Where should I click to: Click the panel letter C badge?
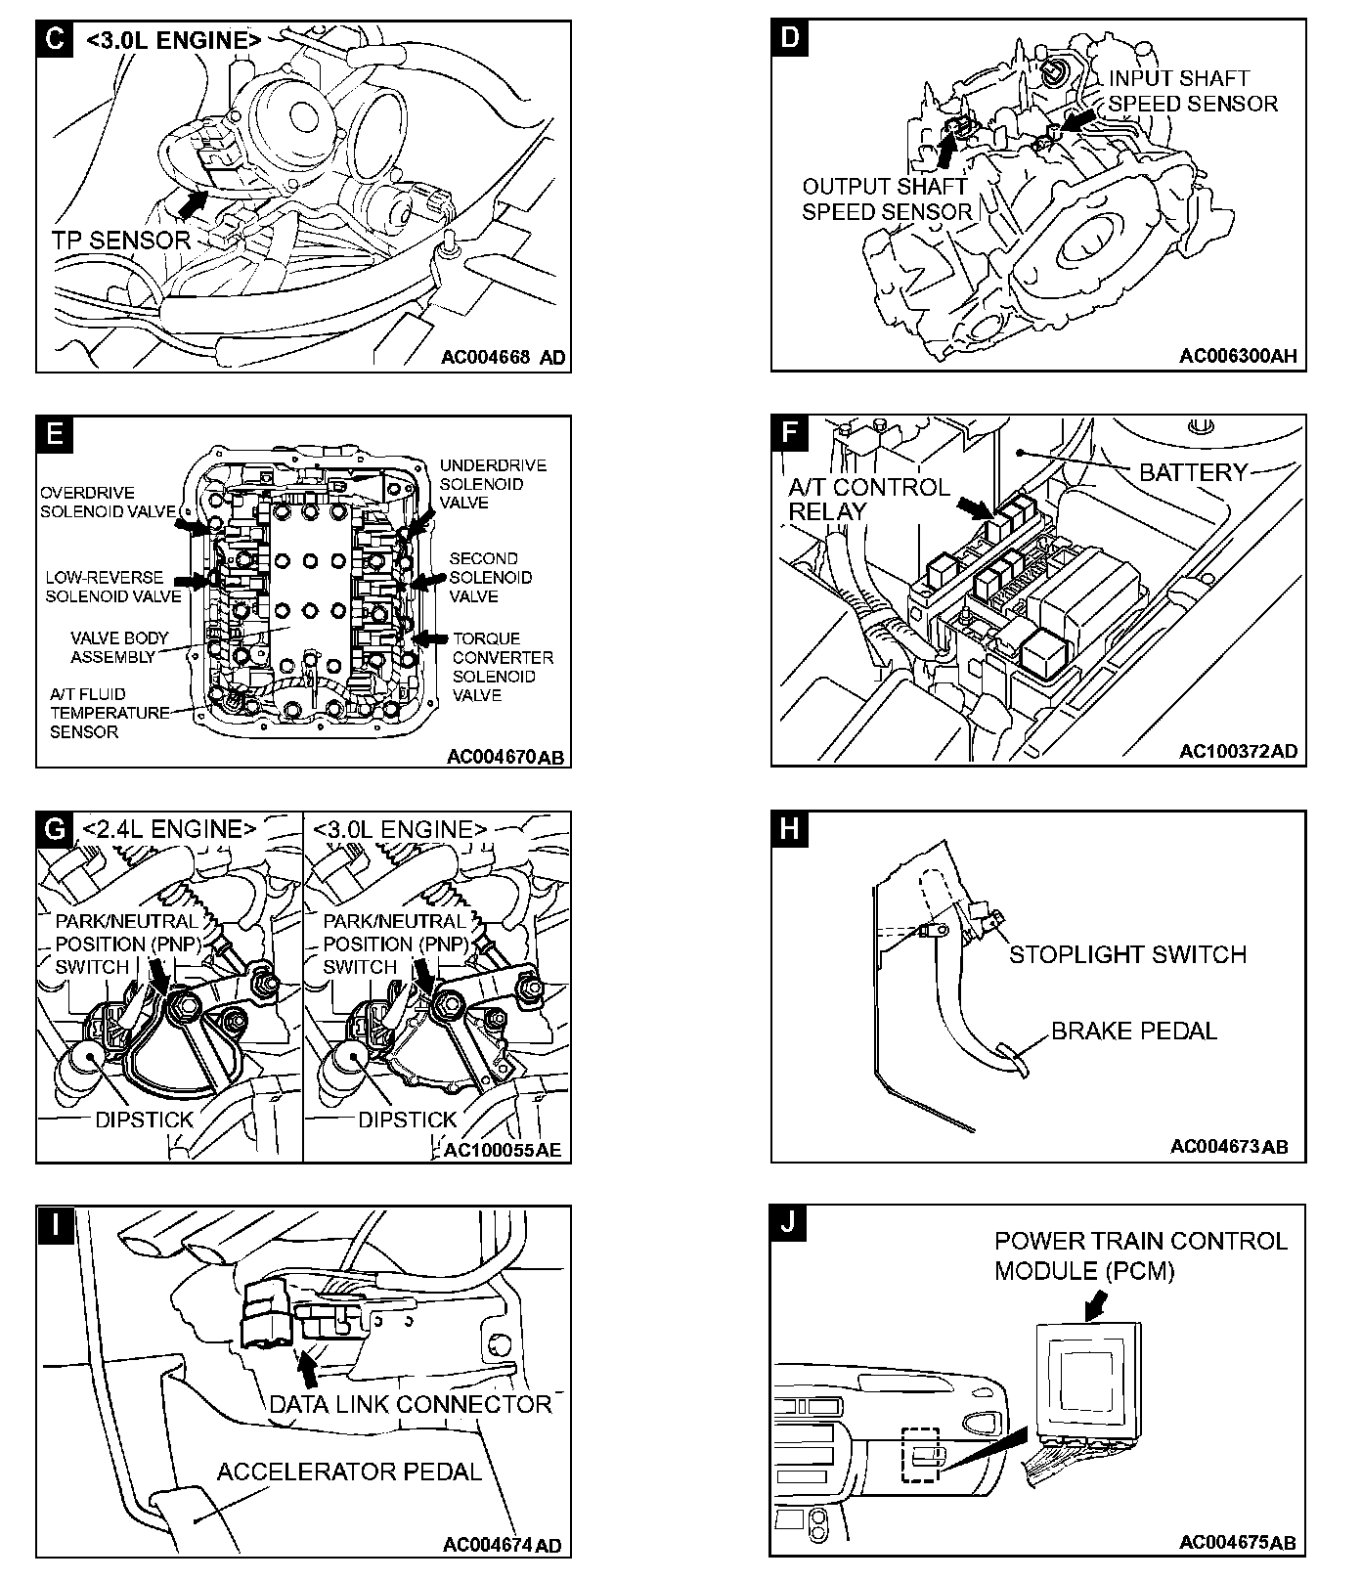click(x=55, y=40)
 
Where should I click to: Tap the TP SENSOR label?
click(x=121, y=240)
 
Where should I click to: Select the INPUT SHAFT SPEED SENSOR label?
click(x=1193, y=91)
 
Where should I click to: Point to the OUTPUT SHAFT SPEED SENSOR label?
click(x=887, y=199)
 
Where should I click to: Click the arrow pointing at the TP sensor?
click(x=195, y=202)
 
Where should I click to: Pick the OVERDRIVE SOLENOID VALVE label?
click(x=108, y=502)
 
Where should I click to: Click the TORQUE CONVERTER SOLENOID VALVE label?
click(x=502, y=667)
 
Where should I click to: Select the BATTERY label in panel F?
click(x=1194, y=472)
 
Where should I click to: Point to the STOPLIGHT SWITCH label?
click(x=1127, y=954)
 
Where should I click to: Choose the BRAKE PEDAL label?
click(x=1134, y=1031)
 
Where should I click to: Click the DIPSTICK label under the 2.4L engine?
click(x=144, y=1120)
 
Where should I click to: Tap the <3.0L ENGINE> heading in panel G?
click(x=400, y=829)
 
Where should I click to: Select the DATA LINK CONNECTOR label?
click(x=411, y=1404)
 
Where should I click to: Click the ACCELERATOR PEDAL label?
click(x=349, y=1472)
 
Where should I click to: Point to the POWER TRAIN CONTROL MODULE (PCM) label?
click(x=1140, y=1255)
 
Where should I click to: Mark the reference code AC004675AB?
click(x=1237, y=1543)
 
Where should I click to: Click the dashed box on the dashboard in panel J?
click(x=920, y=1454)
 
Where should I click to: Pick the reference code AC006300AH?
click(x=1238, y=356)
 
